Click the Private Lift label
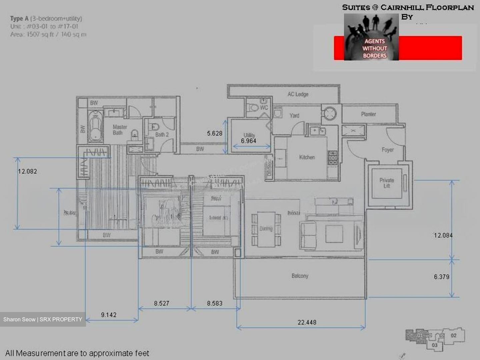point(386,183)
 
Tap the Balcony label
point(300,276)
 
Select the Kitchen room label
point(307,157)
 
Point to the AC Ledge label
point(298,94)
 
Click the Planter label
point(368,114)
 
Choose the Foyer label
point(387,150)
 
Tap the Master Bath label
point(119,130)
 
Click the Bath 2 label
point(162,135)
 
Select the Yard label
point(294,116)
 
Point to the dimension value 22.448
point(307,322)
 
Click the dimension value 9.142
point(109,315)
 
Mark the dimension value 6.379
point(441,277)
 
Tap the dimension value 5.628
point(214,133)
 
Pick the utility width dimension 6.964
point(249,141)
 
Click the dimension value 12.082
point(27,171)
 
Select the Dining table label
point(266,229)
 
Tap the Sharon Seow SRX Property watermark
point(43,319)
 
